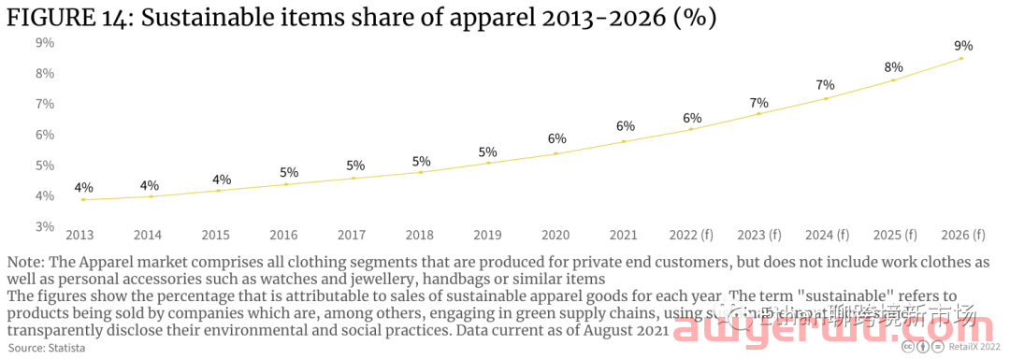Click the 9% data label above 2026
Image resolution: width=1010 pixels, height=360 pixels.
coord(962,45)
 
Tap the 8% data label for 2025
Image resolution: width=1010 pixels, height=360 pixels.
coord(893,66)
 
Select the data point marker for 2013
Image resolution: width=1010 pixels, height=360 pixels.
coord(83,199)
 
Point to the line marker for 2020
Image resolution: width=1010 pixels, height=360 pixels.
coord(556,153)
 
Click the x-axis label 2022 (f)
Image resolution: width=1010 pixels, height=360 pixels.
coord(692,235)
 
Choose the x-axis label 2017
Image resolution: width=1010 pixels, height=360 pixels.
coord(353,235)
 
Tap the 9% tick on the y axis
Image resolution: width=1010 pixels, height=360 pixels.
coord(45,42)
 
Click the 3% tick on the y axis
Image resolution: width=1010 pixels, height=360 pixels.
coord(45,226)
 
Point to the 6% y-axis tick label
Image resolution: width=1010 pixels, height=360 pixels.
coord(45,135)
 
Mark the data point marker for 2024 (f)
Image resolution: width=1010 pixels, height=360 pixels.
coord(826,98)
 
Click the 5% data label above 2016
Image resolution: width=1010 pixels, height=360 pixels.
coord(289,172)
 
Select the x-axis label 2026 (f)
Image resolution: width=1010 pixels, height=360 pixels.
coord(962,235)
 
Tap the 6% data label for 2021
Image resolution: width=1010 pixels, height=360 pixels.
coord(625,126)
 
